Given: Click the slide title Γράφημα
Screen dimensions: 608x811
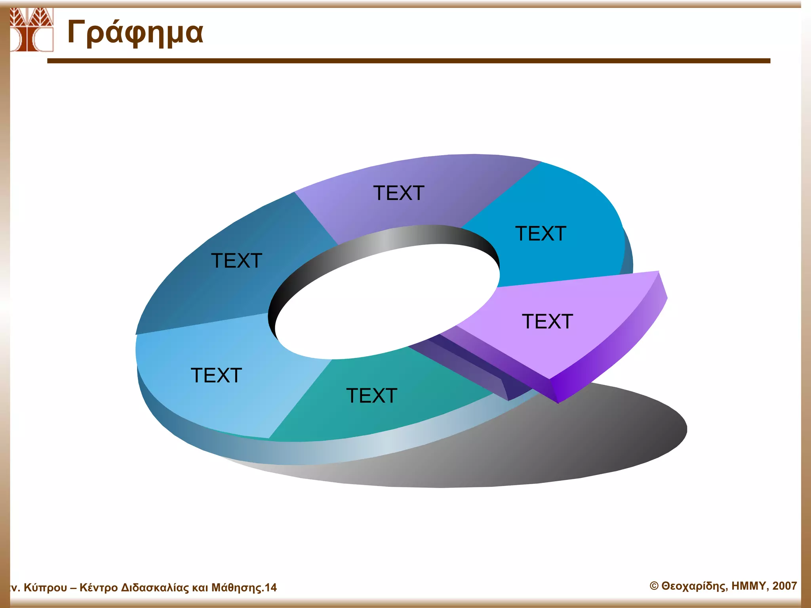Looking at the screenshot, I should pos(135,33).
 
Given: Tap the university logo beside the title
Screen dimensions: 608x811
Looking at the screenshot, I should pos(31,30).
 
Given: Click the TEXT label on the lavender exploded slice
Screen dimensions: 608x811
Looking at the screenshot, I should pos(547,321).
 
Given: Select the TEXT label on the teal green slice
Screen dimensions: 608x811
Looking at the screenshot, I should pos(371,395).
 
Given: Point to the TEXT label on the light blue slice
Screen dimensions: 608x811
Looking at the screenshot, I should pos(216,375).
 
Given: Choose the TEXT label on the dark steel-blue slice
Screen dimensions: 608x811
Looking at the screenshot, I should pos(236,261).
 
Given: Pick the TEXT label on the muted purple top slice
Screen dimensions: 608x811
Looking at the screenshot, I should pos(399,193).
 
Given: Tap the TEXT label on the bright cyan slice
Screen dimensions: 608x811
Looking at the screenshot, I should pos(541,234).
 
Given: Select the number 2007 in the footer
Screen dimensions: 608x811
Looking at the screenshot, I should pos(784,586).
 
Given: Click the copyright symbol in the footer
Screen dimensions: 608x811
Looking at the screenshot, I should pos(654,586).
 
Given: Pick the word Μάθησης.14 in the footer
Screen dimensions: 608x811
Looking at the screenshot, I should pos(244,588).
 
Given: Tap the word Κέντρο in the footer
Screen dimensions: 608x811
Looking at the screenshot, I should pos(98,588).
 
